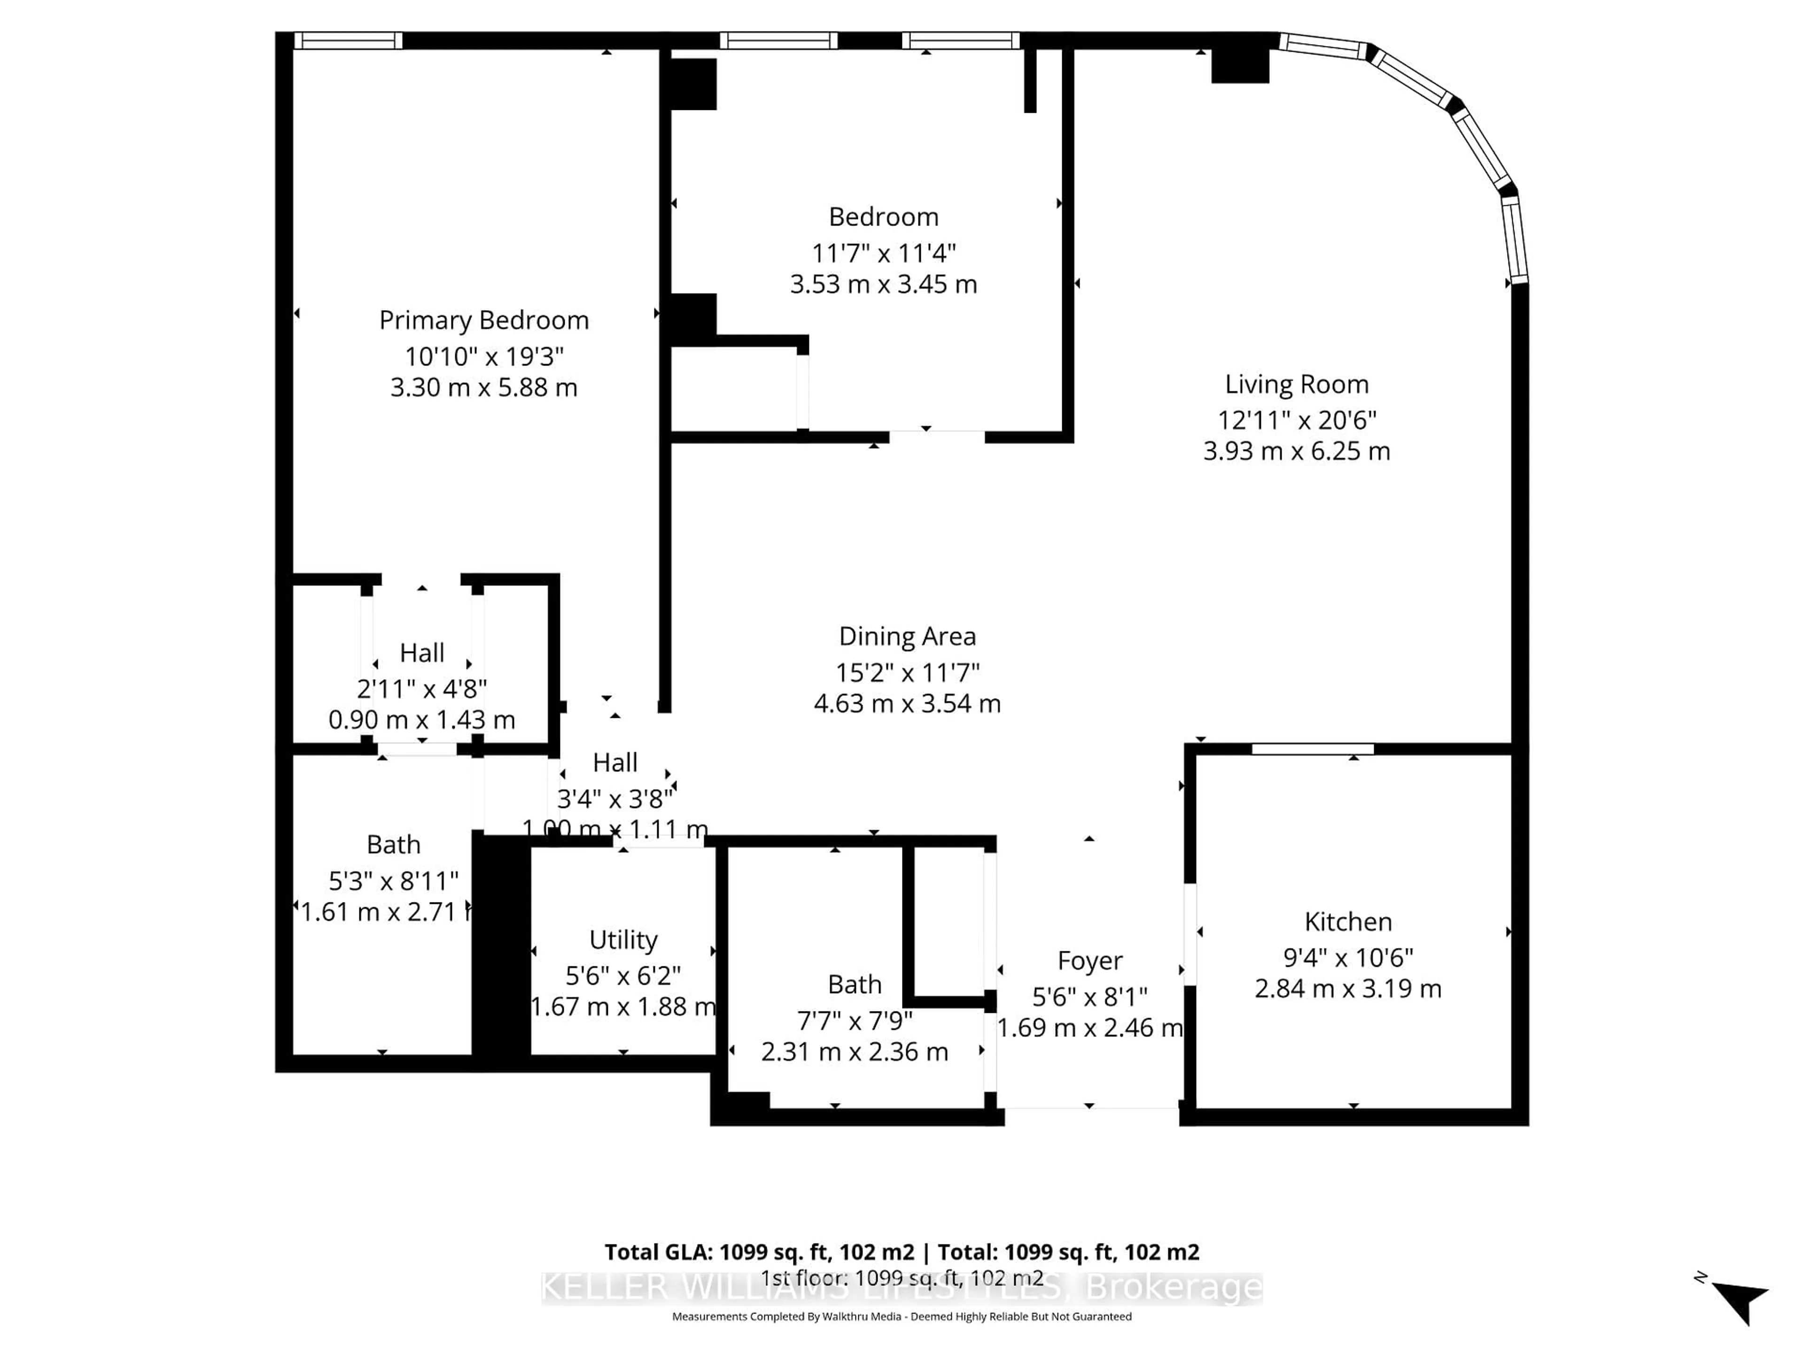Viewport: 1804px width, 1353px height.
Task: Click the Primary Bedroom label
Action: coord(483,320)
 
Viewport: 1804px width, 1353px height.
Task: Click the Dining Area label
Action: coord(907,636)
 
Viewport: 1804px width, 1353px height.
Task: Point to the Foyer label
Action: coord(1089,961)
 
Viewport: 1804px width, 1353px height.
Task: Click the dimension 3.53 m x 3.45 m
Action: coord(883,285)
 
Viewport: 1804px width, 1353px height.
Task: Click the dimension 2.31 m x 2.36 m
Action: coord(854,1052)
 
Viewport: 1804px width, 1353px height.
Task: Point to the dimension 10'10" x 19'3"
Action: coord(483,357)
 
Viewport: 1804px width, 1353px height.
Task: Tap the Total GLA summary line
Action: coord(901,1252)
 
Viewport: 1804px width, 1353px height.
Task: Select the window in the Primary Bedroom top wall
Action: coord(348,41)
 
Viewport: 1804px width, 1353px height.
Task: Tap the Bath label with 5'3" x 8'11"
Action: coord(393,844)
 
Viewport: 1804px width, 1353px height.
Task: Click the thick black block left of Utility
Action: coord(501,946)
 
